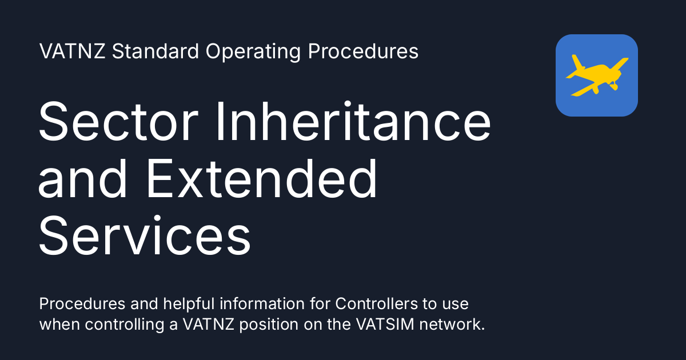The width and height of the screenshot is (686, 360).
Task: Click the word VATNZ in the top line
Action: (x=72, y=51)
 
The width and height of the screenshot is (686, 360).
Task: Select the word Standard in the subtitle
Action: (x=155, y=51)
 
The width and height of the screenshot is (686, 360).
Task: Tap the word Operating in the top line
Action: (x=253, y=52)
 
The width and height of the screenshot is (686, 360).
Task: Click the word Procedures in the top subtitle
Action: (x=363, y=51)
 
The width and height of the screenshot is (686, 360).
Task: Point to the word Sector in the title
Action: (x=118, y=121)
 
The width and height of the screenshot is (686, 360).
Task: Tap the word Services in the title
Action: (x=145, y=235)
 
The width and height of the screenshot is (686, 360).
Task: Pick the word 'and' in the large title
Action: (x=82, y=178)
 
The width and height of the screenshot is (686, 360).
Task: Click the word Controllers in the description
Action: (x=376, y=303)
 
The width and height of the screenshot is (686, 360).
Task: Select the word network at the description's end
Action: (x=452, y=324)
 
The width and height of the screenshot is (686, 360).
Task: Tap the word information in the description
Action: (x=262, y=303)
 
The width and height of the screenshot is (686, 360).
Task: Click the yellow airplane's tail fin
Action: (x=578, y=62)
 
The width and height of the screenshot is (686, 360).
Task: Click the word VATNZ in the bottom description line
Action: (x=209, y=324)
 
